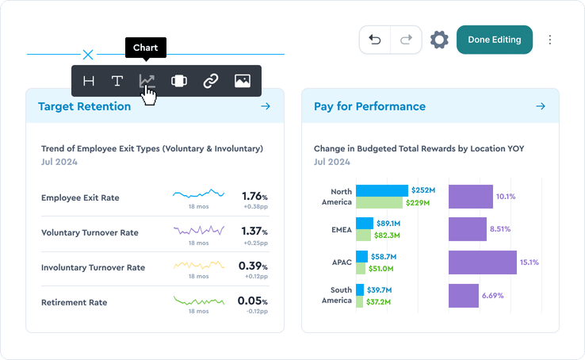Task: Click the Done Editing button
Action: pos(494,40)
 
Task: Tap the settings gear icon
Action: pos(439,40)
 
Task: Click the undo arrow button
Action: pos(375,40)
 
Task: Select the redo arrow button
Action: pos(406,40)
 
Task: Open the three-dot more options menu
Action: pos(550,40)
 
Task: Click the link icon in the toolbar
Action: pos(210,81)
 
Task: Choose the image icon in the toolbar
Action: pos(242,81)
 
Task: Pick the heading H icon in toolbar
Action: pos(89,81)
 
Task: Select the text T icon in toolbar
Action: pos(117,81)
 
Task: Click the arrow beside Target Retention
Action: pos(266,106)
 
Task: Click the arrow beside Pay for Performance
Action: pos(541,106)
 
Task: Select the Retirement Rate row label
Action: pos(74,302)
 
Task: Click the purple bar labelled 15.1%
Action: pos(482,262)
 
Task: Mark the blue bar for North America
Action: pos(381,190)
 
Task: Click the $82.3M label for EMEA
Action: pos(387,236)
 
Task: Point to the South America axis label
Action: pos(341,295)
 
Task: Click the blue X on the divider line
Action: pos(88,55)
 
